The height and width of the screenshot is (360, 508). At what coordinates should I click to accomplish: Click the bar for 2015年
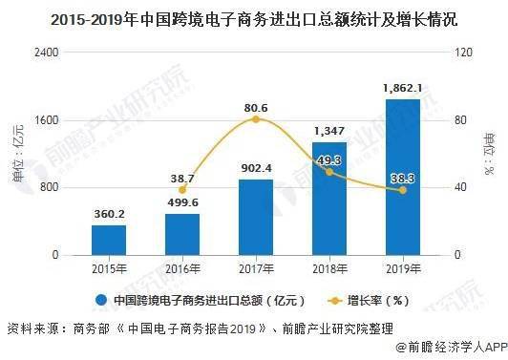coord(109,240)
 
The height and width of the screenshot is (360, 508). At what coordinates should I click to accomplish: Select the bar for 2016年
coord(181,234)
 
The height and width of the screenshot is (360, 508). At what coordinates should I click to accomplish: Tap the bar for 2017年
coord(255,217)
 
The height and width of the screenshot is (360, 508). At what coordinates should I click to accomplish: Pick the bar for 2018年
coord(328,199)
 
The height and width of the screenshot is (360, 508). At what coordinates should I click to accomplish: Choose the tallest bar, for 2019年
coord(402,177)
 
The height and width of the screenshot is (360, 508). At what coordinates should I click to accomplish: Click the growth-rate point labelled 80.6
coord(255,119)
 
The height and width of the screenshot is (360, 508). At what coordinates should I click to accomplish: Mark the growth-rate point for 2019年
coord(402,190)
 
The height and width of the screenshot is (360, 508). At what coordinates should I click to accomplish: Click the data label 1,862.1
coord(402,88)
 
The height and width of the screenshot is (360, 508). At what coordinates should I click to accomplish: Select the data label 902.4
coord(255,169)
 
